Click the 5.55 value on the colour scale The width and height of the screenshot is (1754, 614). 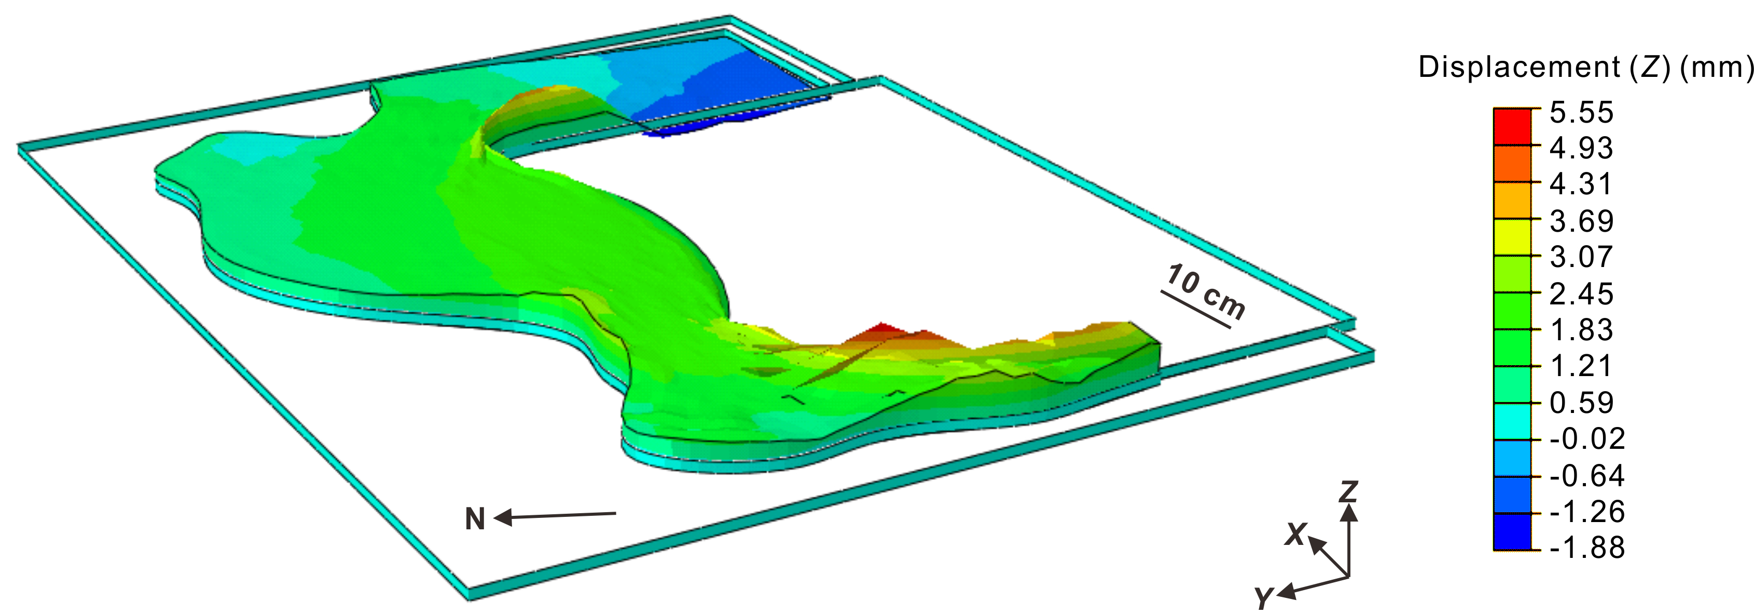[1581, 112]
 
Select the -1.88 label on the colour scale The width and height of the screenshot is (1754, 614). [1587, 547]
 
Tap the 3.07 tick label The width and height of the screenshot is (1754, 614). [1581, 257]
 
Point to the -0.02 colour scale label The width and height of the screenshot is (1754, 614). [1587, 438]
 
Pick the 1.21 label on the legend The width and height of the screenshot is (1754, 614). [1581, 366]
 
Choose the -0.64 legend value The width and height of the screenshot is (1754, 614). [1587, 475]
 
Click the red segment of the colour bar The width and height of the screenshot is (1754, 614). [1512, 127]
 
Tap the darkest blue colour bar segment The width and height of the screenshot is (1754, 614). [1512, 531]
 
